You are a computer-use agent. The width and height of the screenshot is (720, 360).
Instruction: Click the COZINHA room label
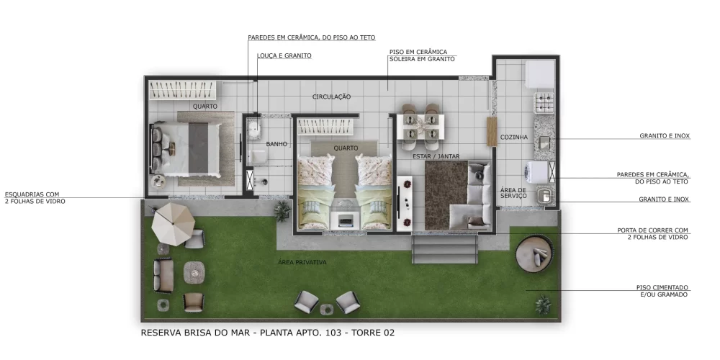pos(514,137)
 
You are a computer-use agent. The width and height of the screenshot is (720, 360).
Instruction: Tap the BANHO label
pos(276,144)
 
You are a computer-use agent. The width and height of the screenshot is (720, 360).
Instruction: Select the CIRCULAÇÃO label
pos(331,96)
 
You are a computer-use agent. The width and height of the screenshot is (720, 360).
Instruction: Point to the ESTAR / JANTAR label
pos(436,156)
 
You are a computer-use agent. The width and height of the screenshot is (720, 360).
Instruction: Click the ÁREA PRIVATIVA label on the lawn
pos(302,263)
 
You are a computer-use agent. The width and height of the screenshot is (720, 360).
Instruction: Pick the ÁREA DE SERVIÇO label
pos(513,194)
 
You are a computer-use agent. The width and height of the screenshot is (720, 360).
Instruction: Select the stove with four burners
pos(543,102)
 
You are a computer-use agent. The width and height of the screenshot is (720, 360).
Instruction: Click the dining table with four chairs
pos(421,126)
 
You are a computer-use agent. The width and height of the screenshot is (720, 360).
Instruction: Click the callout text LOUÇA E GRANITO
pos(284,55)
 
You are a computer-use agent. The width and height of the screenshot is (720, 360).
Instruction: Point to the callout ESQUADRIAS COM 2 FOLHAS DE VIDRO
pos(35,198)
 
